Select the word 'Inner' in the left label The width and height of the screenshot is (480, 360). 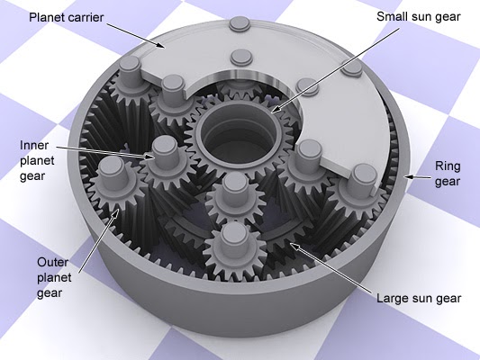32,144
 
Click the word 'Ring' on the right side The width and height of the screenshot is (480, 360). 448,166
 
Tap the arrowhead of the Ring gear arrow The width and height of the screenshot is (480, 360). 406,177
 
